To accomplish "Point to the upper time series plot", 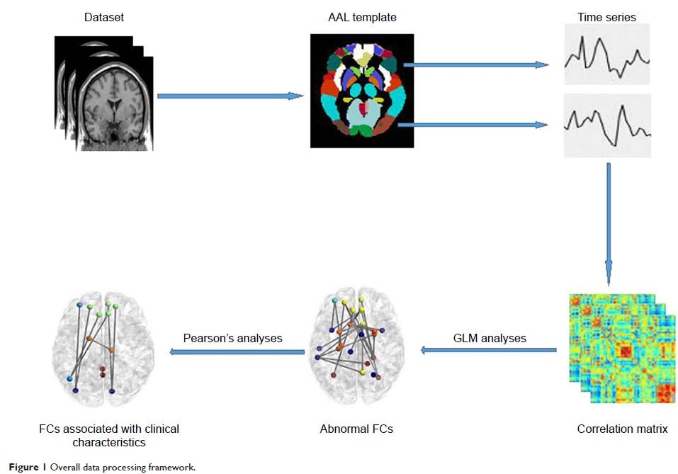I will (606, 55).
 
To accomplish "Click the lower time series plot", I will (606, 125).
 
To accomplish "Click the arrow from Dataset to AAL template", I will (225, 96).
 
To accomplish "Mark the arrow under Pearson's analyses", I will (237, 351).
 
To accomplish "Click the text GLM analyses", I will (490, 338).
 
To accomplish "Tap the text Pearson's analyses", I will (232, 338).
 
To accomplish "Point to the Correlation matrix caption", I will (622, 429).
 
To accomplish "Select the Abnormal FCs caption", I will (356, 429).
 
